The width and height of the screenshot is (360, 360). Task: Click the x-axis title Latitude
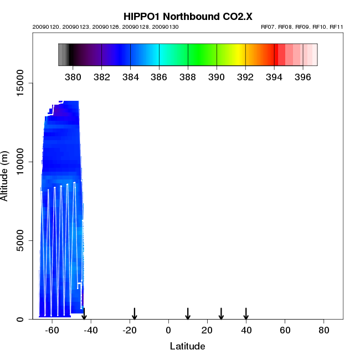(187, 346)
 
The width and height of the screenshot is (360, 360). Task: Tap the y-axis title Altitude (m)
(5, 176)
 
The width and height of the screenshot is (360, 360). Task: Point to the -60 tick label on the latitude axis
(52, 330)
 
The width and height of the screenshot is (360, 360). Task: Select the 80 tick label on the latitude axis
(324, 330)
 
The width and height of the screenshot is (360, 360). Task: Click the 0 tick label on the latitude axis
(168, 330)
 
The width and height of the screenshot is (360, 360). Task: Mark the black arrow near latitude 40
(246, 313)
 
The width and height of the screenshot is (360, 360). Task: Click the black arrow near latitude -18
(134, 313)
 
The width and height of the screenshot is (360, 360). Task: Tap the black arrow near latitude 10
(188, 313)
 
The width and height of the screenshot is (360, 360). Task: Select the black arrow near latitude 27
(221, 313)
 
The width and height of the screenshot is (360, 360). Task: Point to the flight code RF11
(337, 27)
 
